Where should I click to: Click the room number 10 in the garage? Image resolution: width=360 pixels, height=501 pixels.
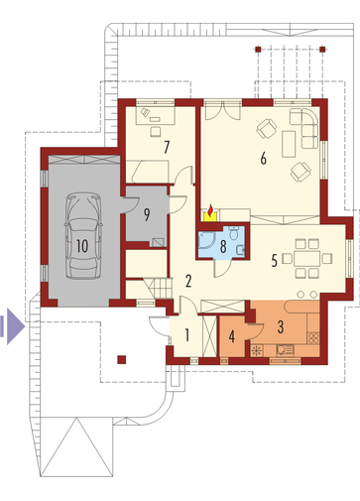[x=82, y=246]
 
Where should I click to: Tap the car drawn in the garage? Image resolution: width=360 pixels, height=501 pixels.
[x=83, y=236]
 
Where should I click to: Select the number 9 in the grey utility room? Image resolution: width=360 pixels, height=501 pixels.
[x=147, y=214]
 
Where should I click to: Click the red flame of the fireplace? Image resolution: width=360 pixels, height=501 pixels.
[x=210, y=210]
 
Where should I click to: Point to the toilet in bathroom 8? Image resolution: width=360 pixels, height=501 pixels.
[x=234, y=233]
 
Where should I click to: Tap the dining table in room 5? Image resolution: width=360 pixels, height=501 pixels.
[x=307, y=258]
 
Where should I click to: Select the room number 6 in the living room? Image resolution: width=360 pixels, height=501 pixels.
[x=263, y=159]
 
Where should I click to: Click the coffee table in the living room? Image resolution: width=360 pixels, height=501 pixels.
[x=289, y=144]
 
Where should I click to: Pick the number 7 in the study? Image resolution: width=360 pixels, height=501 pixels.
[x=167, y=147]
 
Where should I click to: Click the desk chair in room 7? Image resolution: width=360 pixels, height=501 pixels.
[x=155, y=131]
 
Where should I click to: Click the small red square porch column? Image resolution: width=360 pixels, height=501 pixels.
[x=122, y=360]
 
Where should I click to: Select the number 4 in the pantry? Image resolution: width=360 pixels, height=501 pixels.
[x=232, y=336]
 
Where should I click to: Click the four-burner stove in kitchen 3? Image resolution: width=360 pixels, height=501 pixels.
[x=313, y=338]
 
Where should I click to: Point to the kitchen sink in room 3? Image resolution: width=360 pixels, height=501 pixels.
[x=285, y=350]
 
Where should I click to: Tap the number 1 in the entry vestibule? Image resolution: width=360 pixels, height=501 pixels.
[x=187, y=335]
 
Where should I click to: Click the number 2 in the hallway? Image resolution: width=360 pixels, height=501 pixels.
[x=188, y=281]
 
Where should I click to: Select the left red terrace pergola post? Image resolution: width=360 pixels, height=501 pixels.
[x=258, y=50]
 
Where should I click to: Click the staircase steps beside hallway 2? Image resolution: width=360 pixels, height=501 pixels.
[x=160, y=289]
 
